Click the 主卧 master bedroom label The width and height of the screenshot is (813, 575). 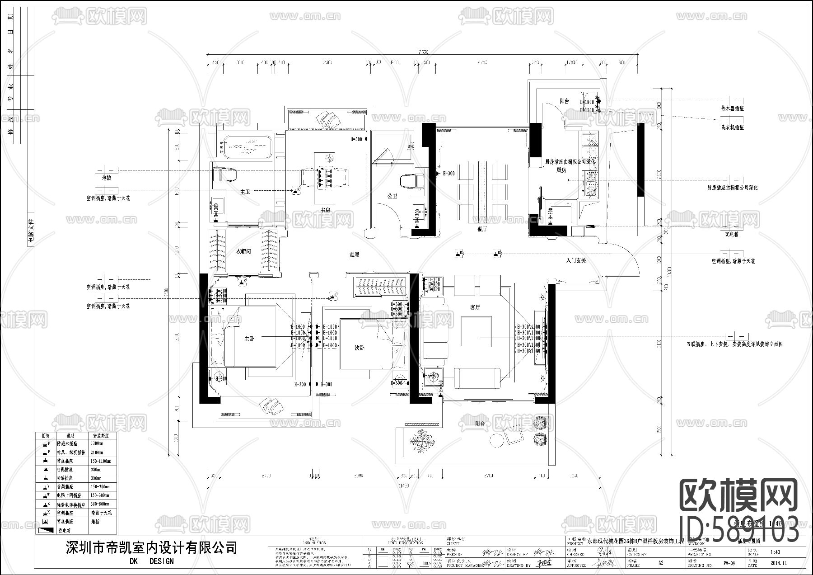coord(249,339)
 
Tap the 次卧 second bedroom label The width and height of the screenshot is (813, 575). coord(360,348)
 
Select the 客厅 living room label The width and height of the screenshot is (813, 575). coord(475,307)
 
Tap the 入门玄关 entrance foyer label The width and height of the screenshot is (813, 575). coord(576,261)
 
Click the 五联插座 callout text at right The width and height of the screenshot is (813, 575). coord(734,344)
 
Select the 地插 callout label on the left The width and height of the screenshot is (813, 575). coord(107,178)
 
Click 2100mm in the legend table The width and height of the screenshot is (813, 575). coord(97,452)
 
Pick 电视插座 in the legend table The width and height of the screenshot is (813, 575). coord(65,469)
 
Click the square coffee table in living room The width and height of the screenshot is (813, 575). coord(476,331)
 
